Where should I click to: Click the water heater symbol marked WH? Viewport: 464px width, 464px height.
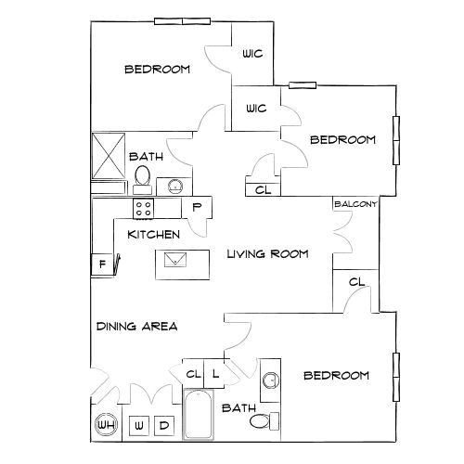107,426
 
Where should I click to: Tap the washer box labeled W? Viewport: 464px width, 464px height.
138,426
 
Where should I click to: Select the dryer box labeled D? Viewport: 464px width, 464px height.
163,426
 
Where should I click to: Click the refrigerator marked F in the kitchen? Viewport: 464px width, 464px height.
101,264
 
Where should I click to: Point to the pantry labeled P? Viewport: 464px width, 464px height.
198,208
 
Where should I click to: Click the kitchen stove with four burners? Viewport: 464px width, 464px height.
143,206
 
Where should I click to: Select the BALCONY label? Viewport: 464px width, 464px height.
354,205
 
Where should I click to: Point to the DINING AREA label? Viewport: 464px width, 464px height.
135,327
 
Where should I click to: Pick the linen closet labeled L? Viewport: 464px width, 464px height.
214,374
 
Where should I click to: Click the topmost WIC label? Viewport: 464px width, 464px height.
252,55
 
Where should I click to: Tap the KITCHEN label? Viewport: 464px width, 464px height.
153,235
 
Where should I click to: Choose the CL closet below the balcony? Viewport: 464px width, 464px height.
355,282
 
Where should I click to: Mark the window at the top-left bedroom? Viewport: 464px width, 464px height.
182,20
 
